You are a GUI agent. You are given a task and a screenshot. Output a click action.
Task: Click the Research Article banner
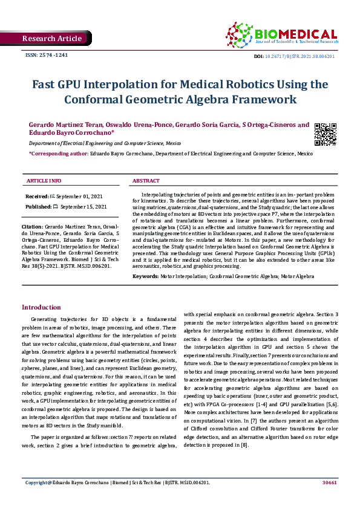(x=51, y=39)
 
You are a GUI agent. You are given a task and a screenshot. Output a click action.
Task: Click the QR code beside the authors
(x=326, y=134)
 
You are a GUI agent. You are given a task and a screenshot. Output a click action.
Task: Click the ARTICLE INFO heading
(x=44, y=181)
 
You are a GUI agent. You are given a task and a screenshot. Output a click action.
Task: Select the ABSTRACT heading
(x=146, y=181)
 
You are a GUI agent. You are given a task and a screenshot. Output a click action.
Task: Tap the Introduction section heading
(x=41, y=307)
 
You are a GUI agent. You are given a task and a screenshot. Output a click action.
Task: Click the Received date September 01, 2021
(x=82, y=197)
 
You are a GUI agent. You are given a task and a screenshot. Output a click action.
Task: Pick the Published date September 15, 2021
(x=83, y=207)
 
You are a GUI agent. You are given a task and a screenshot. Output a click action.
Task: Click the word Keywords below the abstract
(x=145, y=276)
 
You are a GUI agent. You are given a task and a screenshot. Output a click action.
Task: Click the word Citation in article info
(x=34, y=225)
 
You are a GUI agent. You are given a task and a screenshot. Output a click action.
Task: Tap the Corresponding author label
(x=55, y=154)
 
